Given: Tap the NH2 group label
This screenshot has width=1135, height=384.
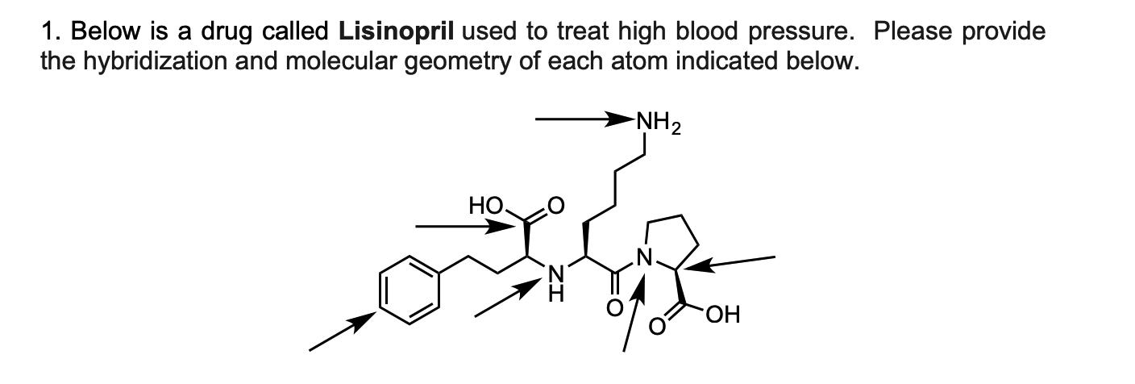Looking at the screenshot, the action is pos(659,125).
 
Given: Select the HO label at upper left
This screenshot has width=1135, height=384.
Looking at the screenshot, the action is pos(486,207).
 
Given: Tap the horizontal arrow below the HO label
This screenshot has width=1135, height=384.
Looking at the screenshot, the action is pos(464,227).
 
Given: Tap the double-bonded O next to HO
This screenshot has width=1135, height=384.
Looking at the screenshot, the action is pos(554,206).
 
